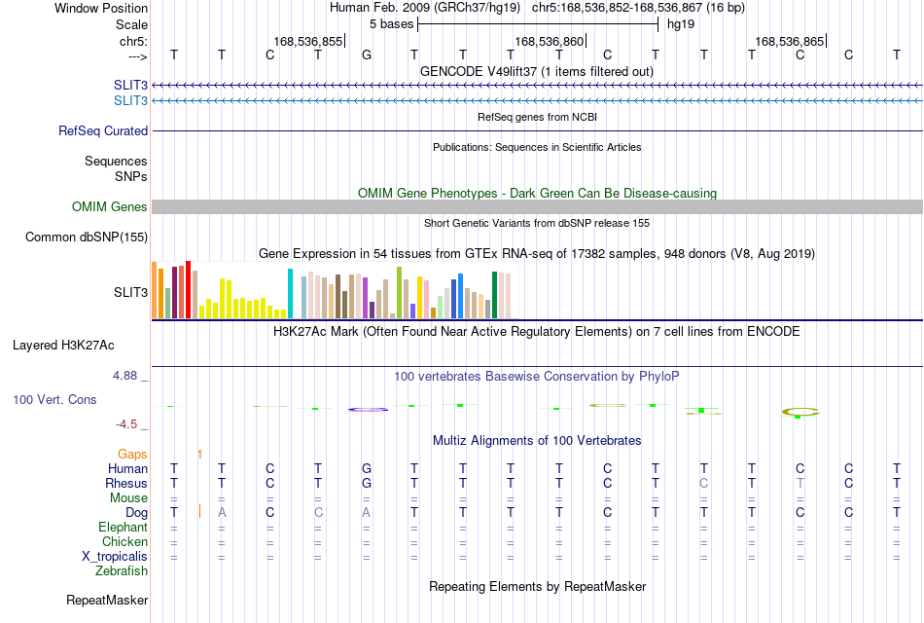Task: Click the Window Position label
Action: (101, 8)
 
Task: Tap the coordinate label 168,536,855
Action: (307, 41)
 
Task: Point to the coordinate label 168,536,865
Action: (789, 41)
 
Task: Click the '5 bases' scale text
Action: (391, 24)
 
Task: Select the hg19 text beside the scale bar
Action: (681, 24)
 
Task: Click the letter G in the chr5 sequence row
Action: (367, 55)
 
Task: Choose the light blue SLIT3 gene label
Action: (131, 101)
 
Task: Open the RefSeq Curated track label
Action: (103, 131)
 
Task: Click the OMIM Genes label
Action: (110, 206)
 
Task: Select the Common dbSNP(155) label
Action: (87, 238)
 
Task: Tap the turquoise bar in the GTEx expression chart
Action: (290, 294)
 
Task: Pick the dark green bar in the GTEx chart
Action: (494, 295)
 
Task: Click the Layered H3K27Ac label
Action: (63, 346)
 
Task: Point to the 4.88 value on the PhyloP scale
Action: (124, 376)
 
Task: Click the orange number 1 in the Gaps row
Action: (199, 455)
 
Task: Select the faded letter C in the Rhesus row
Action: (703, 483)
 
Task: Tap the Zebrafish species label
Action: (122, 571)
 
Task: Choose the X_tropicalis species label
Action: (115, 557)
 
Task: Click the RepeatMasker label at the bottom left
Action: (107, 600)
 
